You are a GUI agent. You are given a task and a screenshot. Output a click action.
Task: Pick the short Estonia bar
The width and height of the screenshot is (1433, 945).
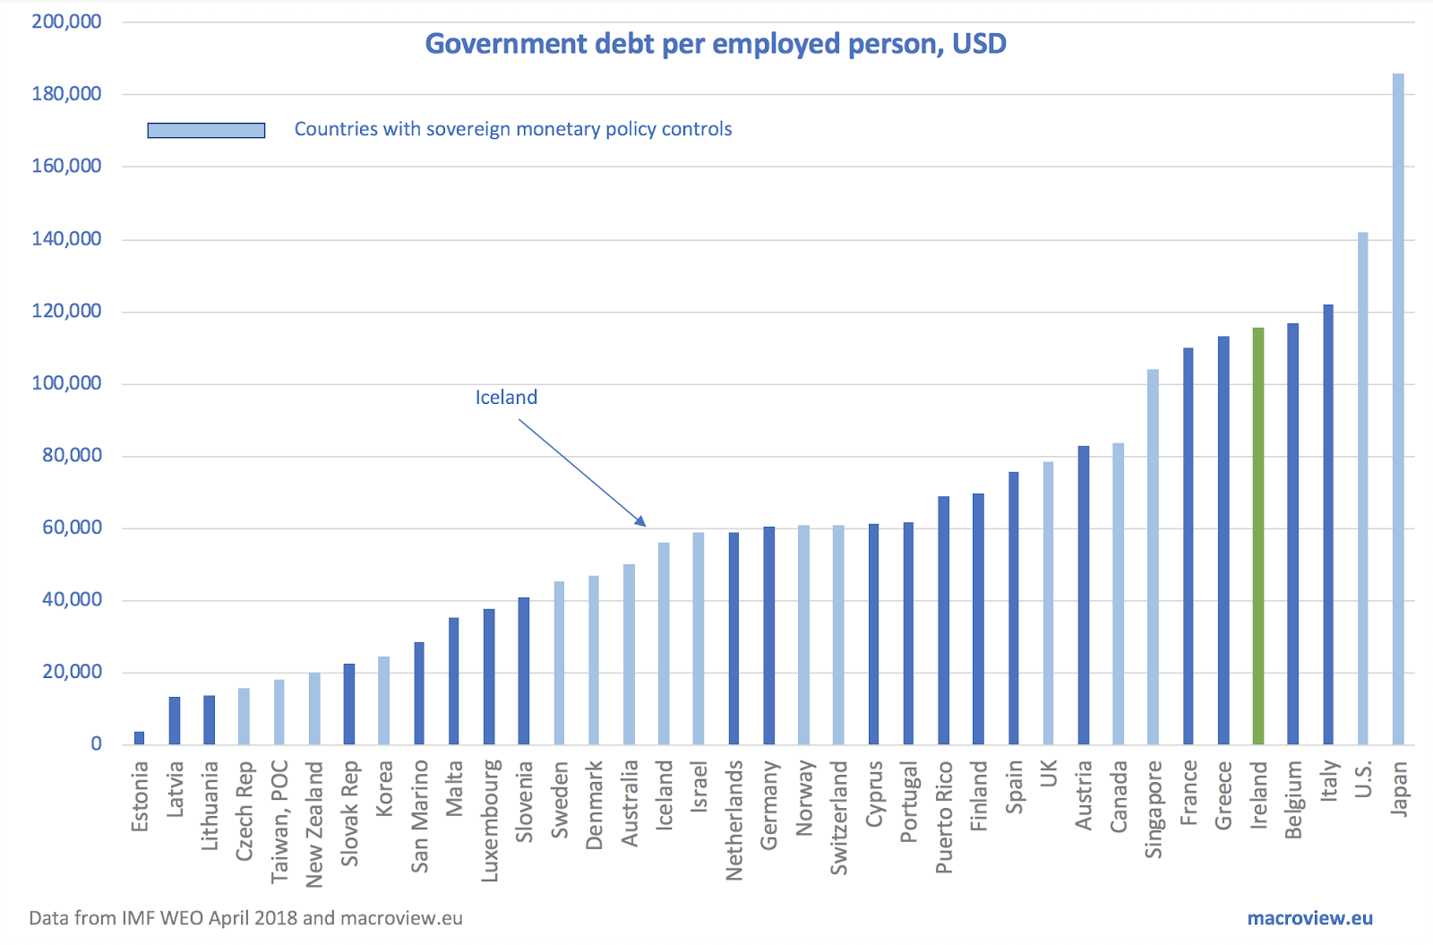coord(139,737)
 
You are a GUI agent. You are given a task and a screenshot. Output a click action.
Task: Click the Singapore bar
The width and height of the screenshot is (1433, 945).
coord(1153,556)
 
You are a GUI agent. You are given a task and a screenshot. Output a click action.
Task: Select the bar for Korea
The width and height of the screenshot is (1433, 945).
coord(383,700)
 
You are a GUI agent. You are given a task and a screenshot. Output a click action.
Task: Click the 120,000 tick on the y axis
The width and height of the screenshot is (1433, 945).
coord(66,312)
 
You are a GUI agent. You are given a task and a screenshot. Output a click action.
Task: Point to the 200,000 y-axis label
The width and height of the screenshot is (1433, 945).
coord(66,21)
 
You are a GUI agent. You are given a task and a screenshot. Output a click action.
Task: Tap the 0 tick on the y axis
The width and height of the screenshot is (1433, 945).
coord(96,744)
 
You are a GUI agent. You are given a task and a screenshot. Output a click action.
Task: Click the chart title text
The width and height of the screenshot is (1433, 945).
coord(715,44)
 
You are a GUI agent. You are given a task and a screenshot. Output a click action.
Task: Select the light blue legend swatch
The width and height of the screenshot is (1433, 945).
coord(206,130)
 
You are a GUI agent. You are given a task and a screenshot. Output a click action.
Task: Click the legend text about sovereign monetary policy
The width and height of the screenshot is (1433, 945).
coord(513,129)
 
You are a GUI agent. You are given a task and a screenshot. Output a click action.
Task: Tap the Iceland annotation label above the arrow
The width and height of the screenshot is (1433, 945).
coord(506,398)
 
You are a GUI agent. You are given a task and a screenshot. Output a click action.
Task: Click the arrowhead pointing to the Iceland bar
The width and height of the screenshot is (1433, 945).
coord(641,522)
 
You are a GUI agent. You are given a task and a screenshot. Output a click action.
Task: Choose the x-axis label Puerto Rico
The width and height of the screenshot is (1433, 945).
coord(944,817)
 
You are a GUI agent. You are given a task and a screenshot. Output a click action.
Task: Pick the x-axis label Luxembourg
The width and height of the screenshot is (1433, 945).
coord(489,820)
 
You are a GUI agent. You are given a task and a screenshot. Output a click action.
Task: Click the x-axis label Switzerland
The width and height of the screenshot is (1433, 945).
coord(838,817)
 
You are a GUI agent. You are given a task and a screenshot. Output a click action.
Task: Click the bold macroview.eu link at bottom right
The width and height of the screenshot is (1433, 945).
coord(1309,918)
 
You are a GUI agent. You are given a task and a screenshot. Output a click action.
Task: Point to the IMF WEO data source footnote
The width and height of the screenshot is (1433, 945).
coord(245,918)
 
